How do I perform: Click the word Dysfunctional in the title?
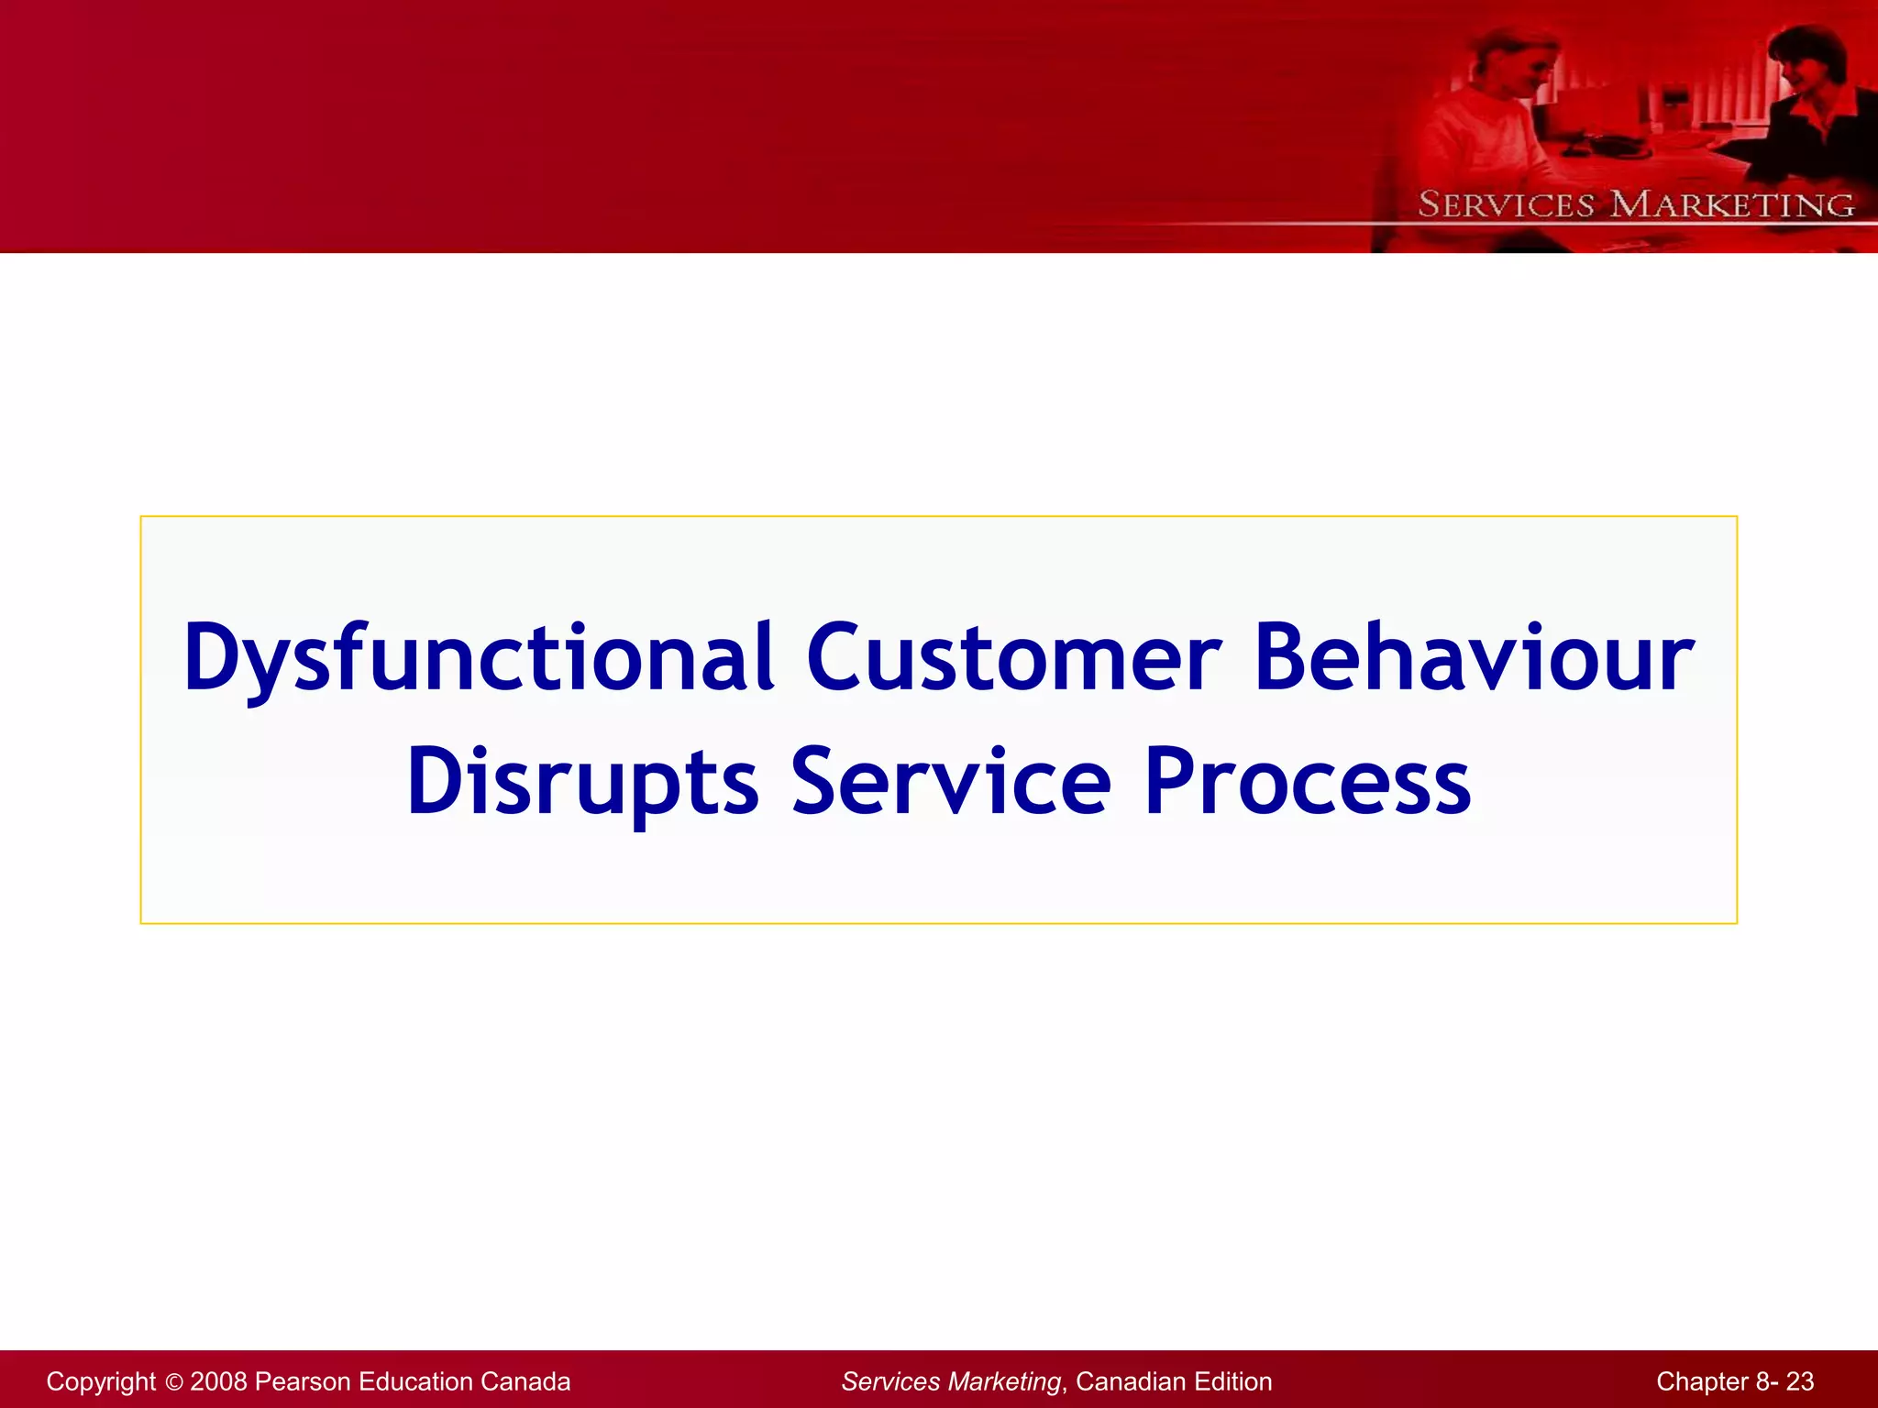coord(477,658)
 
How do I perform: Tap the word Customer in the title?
coord(1013,658)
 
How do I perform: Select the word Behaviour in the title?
coord(1474,658)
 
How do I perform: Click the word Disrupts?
coord(583,782)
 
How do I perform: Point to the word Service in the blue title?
coord(951,782)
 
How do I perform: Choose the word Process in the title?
coord(1308,782)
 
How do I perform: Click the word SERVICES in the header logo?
coord(1506,204)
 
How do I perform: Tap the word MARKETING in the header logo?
coord(1732,204)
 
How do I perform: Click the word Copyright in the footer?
coord(101,1381)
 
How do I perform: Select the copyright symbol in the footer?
coord(174,1382)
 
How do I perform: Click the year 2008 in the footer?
coord(217,1381)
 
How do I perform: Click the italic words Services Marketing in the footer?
coord(951,1381)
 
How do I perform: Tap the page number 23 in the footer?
coord(1799,1381)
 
